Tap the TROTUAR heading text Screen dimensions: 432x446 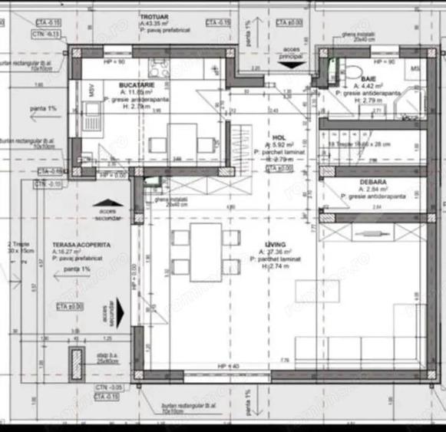point(155,16)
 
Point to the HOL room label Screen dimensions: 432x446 point(279,135)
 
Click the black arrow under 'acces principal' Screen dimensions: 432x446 point(289,66)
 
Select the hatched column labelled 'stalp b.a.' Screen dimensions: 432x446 point(76,360)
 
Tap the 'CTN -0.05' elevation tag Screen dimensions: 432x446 point(107,388)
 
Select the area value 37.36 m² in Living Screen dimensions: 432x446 point(276,252)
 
